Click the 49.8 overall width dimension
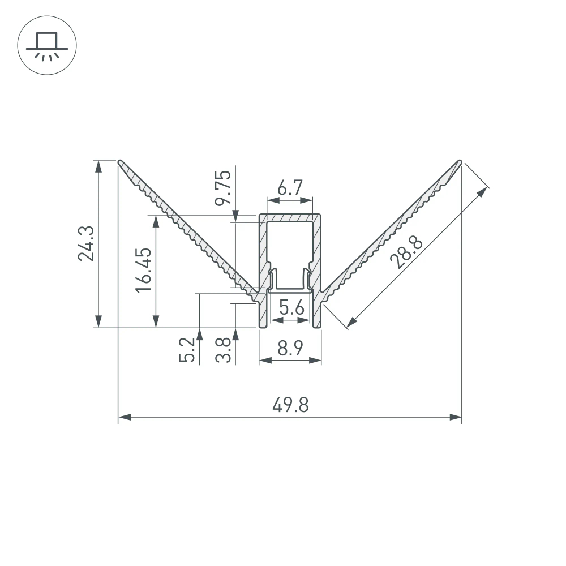[290, 405]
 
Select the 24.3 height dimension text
[86, 244]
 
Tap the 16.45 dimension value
[143, 269]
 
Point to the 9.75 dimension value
[224, 187]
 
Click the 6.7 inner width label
[290, 187]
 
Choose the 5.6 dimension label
[291, 308]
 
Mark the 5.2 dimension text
[187, 349]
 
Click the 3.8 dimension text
[224, 349]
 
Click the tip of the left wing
[121, 162]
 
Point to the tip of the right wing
[460, 162]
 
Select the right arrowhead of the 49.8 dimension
[456, 417]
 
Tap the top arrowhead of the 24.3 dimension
[99, 165]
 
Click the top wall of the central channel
[290, 217]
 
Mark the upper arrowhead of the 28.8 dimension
[482, 192]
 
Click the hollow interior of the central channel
[290, 243]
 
